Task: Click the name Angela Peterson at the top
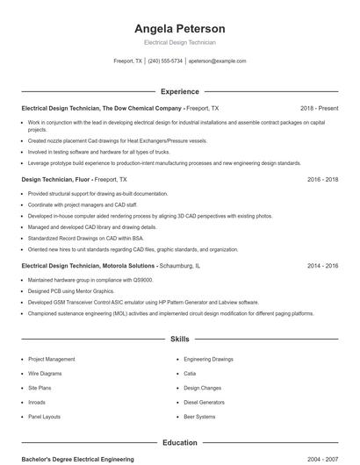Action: click(x=180, y=28)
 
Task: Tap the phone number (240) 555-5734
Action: click(x=165, y=61)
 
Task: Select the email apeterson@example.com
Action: click(x=217, y=61)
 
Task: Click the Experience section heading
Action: click(x=180, y=91)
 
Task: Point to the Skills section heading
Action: click(x=180, y=339)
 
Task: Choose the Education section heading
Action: click(x=180, y=443)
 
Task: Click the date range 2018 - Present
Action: click(x=319, y=108)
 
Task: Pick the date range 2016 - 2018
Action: click(x=323, y=179)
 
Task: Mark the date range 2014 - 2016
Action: click(x=323, y=265)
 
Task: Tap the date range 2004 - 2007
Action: click(x=323, y=459)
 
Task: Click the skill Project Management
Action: click(x=51, y=359)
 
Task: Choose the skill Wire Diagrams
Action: click(x=46, y=373)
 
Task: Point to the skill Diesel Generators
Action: click(x=204, y=402)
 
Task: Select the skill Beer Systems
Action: click(x=199, y=416)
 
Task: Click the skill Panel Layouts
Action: click(x=44, y=416)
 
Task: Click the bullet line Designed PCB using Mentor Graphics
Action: click(x=71, y=290)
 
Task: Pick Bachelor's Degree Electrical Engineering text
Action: click(x=78, y=459)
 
